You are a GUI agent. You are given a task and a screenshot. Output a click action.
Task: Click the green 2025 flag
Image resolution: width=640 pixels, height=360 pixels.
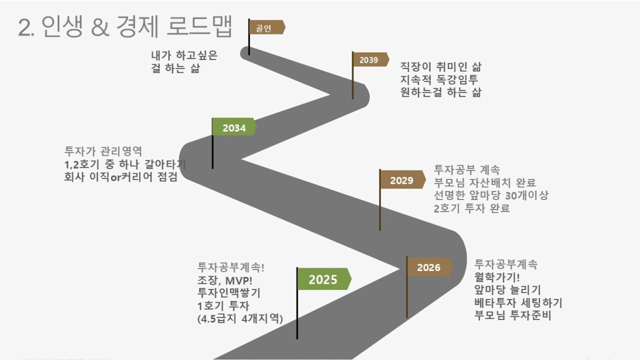coord(324,279)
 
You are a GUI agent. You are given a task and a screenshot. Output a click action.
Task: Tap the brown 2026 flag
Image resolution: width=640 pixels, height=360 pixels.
coord(429,267)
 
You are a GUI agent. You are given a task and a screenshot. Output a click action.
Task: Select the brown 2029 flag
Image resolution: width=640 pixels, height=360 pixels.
coord(402,180)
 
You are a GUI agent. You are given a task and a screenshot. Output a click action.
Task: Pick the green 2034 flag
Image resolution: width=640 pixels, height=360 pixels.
coord(234,127)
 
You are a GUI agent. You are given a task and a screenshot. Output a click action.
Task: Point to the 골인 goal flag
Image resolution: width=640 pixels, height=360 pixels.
coord(266,27)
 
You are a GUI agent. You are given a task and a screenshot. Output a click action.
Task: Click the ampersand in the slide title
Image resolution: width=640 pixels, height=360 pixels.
coord(101,27)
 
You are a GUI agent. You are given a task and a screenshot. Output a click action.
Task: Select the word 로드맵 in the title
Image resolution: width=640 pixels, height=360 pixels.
coord(199,26)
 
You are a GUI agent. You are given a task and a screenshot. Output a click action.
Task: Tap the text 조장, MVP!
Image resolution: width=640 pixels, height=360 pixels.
coord(225,281)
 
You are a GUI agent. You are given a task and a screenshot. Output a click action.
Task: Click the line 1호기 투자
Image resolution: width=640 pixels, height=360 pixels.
coord(224,306)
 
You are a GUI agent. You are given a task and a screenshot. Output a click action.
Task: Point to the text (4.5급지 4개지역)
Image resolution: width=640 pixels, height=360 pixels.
coord(240,318)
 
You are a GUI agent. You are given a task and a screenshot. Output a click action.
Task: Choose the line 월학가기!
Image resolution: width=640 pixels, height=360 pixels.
coord(497,277)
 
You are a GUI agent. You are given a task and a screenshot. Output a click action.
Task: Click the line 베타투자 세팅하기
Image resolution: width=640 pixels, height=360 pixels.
coord(518,303)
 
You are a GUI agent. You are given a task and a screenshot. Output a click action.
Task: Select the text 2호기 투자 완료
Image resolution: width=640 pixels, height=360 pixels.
coord(472,208)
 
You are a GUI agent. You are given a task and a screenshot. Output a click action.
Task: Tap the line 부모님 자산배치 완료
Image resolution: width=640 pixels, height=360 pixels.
coord(485,182)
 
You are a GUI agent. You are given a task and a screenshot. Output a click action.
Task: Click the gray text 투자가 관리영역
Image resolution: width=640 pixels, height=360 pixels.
coord(103,151)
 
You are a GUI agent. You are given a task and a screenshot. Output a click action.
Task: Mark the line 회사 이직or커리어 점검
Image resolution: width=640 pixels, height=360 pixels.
coord(121,177)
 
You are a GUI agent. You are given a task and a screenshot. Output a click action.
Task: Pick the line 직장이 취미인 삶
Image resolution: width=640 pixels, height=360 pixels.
coord(441,66)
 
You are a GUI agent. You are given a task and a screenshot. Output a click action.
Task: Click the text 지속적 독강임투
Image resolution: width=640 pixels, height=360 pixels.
coord(439,79)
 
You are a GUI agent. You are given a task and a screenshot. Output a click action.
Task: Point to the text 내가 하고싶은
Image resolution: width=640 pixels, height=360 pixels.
coord(184,55)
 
